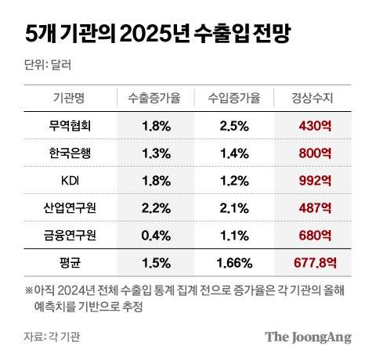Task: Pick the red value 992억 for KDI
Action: click(x=315, y=180)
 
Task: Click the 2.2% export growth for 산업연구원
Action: click(x=157, y=207)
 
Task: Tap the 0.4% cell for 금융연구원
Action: click(x=157, y=235)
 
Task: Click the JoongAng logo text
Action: click(x=307, y=337)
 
